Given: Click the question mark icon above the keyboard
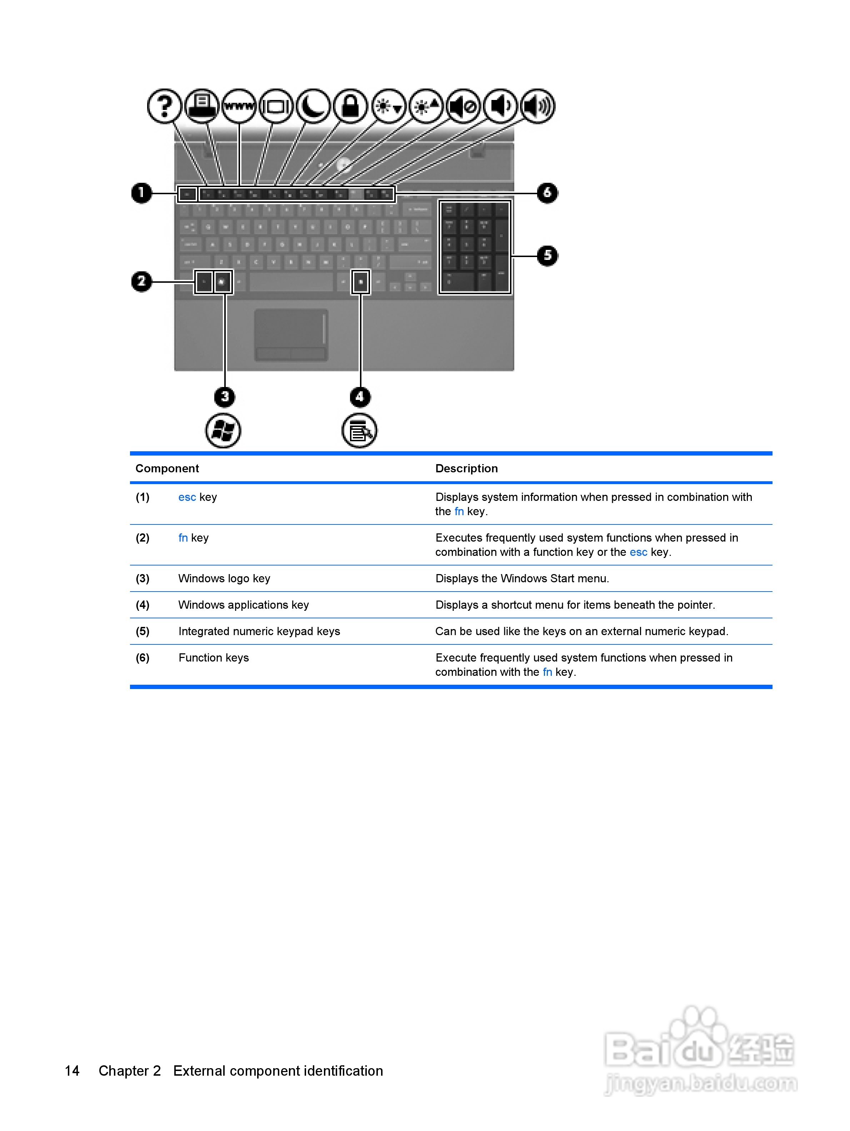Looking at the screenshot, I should pos(164,106).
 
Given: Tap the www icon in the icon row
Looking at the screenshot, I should pos(239,106).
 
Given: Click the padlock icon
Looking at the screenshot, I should pos(350,106).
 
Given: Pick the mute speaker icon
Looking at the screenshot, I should pos(463,106).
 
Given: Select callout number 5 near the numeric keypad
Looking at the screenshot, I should pos(547,256).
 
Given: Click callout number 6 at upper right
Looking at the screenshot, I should pos(547,193).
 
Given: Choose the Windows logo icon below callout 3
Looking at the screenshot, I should pos(223,431).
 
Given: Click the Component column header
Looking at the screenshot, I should pos(167,468).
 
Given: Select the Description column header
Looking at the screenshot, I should pos(466,468).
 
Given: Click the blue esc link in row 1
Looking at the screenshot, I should pos(187,497).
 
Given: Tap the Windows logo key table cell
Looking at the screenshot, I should pos(224,578).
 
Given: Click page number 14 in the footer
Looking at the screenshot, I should pos(72,1070).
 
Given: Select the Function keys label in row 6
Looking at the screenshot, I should pos(213,658).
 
